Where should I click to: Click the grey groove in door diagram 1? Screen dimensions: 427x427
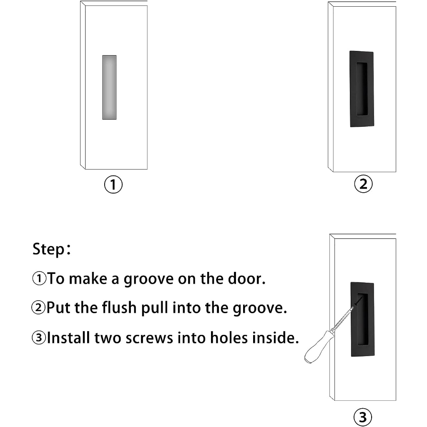pyautogui.click(x=109, y=88)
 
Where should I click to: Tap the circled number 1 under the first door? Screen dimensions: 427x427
pyautogui.click(x=113, y=184)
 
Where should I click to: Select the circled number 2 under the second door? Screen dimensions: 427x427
pyautogui.click(x=363, y=184)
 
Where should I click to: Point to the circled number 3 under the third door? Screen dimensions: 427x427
pyautogui.click(x=363, y=417)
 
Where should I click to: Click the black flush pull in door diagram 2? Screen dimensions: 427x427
pyautogui.click(x=362, y=89)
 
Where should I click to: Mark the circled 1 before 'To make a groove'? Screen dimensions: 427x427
pyautogui.click(x=39, y=279)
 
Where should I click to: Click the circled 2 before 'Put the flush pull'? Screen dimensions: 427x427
pyautogui.click(x=38, y=308)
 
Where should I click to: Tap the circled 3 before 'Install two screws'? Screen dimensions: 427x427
pyautogui.click(x=39, y=338)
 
